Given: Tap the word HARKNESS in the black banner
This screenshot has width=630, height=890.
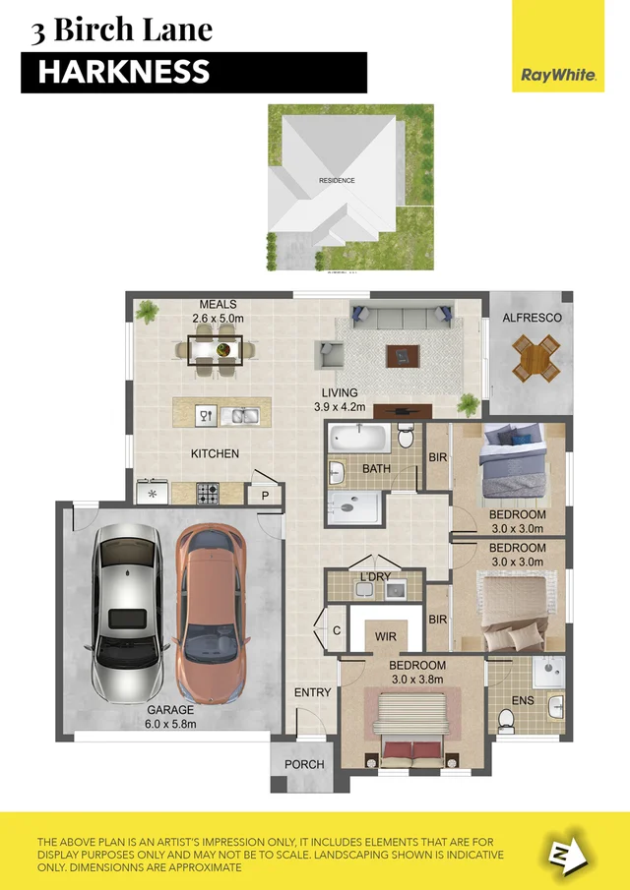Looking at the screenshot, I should (124, 72).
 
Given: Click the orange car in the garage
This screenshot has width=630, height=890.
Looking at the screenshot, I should (210, 611).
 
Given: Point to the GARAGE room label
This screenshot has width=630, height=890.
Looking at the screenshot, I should (171, 709).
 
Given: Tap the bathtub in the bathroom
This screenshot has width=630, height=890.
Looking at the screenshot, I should (360, 438).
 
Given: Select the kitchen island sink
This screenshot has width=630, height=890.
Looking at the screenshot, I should (239, 415).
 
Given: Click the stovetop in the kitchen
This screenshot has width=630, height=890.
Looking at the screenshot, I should (208, 493).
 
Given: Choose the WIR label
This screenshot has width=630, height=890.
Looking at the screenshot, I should (386, 636).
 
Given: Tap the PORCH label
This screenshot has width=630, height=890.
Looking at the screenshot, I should (304, 764).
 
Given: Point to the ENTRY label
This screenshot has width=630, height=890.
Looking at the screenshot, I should (313, 692).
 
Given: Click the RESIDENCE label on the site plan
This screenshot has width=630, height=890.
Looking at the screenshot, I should (337, 181).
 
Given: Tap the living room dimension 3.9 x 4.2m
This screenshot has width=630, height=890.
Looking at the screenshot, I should (340, 406).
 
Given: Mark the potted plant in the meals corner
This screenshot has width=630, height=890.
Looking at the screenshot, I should (149, 313).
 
